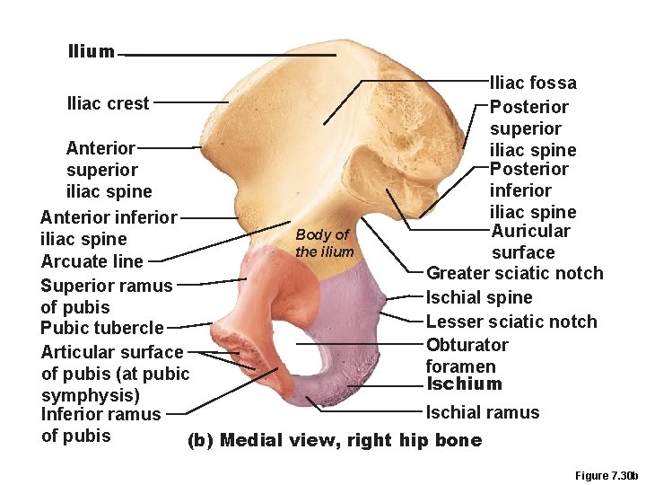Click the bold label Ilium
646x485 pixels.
tap(91, 51)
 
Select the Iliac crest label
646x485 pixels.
tap(108, 103)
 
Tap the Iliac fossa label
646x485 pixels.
tap(533, 84)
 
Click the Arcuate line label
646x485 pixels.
tap(92, 261)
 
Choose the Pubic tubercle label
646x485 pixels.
tap(102, 328)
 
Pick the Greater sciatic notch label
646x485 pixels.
tap(514, 273)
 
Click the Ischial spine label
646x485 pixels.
tap(479, 297)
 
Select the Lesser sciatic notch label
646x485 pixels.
tap(511, 322)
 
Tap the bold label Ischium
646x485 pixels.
tap(464, 384)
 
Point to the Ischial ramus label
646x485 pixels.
tap(482, 412)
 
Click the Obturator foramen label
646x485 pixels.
tap(467, 355)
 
